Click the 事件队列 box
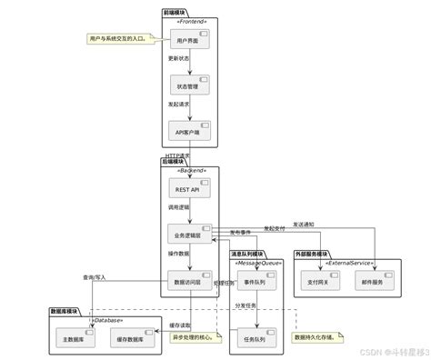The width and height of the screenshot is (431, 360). coord(255,283)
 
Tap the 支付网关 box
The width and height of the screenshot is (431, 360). coord(323,283)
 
